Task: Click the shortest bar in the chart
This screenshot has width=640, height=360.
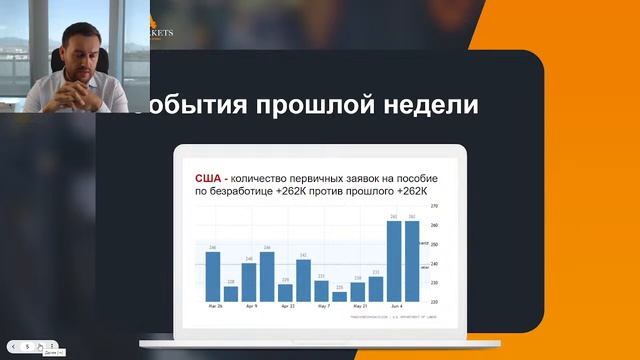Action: coord(339,296)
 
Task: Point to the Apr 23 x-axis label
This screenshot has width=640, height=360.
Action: coord(286,306)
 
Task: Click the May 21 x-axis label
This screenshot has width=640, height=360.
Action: coord(358,306)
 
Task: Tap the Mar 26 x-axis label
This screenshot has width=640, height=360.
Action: coord(213,306)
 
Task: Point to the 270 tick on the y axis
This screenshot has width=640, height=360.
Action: coord(434,206)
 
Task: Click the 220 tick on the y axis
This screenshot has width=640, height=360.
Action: coord(434,301)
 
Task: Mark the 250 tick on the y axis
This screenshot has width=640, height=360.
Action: coord(434,244)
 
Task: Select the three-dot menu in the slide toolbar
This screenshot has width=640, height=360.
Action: coord(51,345)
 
